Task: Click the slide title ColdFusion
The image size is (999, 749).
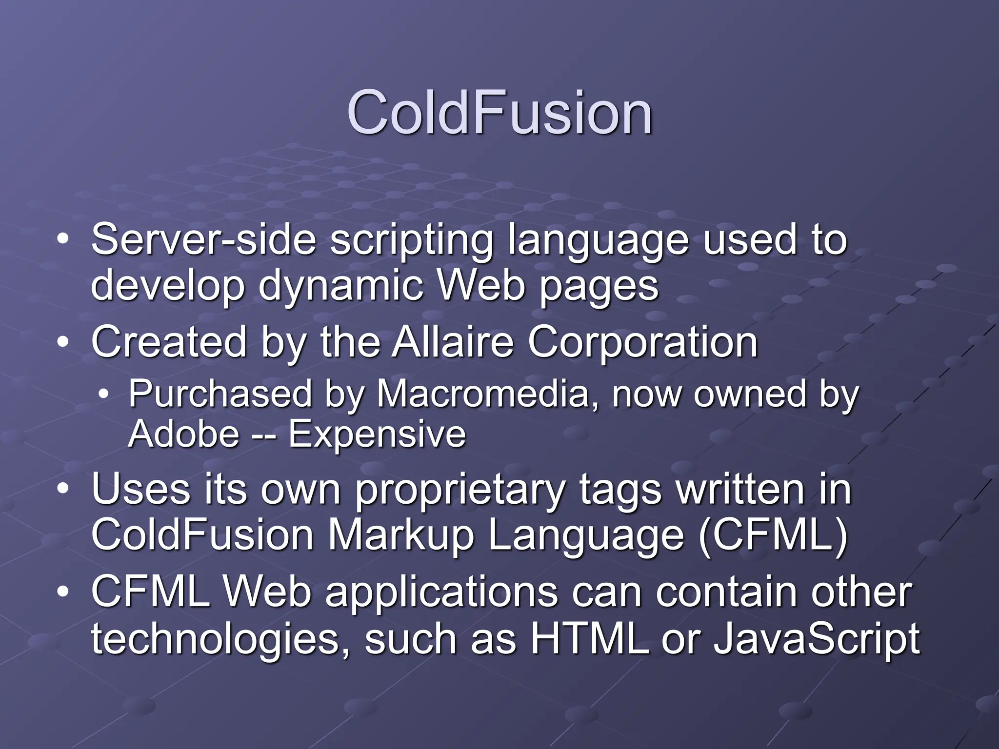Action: pyautogui.click(x=499, y=113)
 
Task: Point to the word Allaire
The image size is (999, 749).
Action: pyautogui.click(x=453, y=342)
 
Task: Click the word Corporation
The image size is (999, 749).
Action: pyautogui.click(x=642, y=343)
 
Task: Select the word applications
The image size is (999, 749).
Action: pyautogui.click(x=441, y=593)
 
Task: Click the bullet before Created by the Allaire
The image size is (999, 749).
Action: pyautogui.click(x=62, y=343)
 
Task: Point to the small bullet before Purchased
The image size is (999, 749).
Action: pyautogui.click(x=103, y=394)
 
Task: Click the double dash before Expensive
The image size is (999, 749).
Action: pyautogui.click(x=264, y=435)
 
